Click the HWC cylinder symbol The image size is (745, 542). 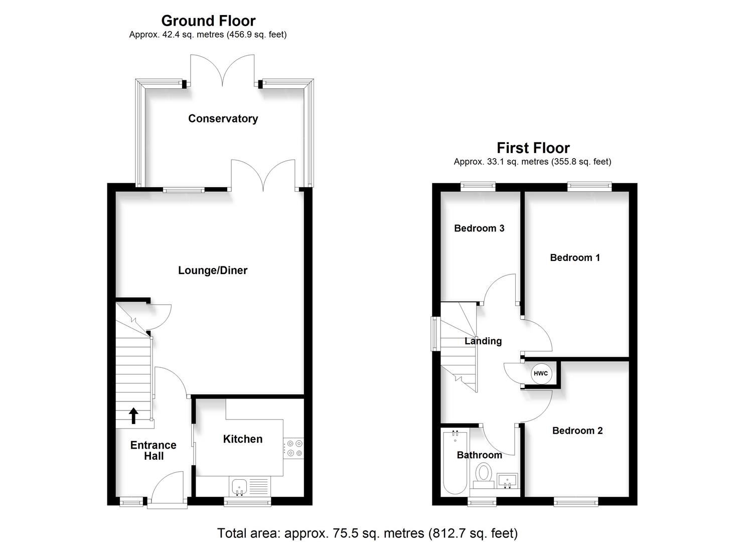[x=541, y=374]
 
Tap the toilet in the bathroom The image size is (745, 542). [x=484, y=475]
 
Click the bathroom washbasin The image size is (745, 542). [x=508, y=480]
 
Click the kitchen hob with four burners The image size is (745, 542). [x=293, y=448]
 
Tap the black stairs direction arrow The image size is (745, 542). [x=133, y=416]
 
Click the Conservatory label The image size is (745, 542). [x=223, y=118]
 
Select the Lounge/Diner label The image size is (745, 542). [x=213, y=270]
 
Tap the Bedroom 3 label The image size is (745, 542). [x=479, y=228]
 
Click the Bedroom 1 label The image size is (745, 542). [x=575, y=257]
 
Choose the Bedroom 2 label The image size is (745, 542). [x=577, y=431]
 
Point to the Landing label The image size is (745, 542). [x=483, y=341]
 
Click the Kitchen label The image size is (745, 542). [x=243, y=439]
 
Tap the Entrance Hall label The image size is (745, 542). [x=154, y=451]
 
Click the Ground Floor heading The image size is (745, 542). [x=208, y=21]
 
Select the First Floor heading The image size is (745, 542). [x=533, y=148]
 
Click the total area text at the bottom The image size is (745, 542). [x=367, y=532]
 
